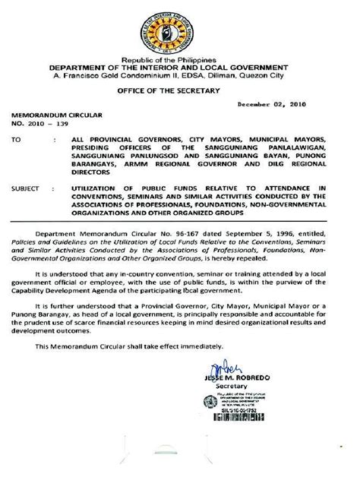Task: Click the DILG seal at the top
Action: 179,29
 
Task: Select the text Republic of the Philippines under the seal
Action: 179,59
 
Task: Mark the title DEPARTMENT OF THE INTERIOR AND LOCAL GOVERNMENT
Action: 179,67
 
